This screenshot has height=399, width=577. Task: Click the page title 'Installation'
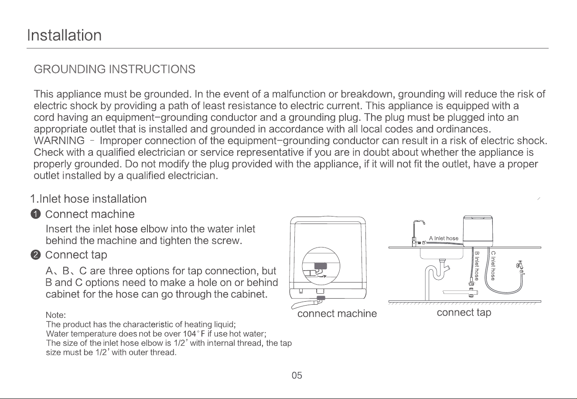tap(64, 35)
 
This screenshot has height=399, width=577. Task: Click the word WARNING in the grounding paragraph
tap(59, 141)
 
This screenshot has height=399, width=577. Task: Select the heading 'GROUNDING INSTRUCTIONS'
tap(115, 69)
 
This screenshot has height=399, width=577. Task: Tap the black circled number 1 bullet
tap(36, 214)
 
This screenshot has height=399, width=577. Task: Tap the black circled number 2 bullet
tap(36, 255)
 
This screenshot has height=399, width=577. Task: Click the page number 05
tap(297, 375)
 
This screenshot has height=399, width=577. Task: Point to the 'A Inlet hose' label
tap(444, 238)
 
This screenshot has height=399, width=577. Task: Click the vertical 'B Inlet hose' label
tap(477, 266)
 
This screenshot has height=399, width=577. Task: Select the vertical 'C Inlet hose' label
tap(493, 266)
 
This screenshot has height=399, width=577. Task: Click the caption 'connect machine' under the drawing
tap(337, 313)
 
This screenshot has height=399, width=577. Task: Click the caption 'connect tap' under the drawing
tap(464, 313)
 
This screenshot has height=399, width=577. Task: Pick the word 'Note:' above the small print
tap(56, 315)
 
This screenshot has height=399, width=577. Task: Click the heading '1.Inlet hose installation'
tap(89, 199)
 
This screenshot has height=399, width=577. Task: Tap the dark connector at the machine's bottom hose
tap(321, 298)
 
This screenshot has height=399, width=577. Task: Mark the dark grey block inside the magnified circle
tap(321, 266)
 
